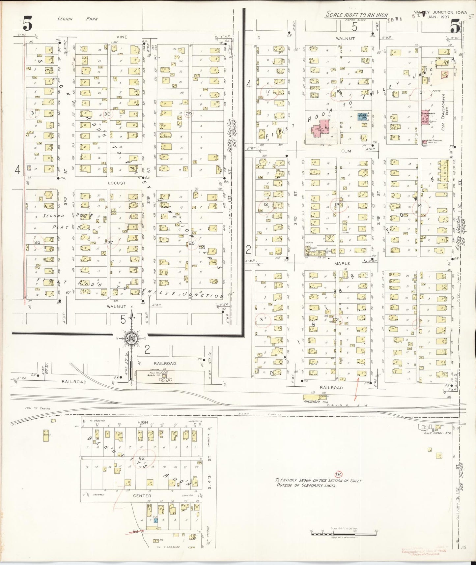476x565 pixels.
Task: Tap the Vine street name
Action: [122, 37]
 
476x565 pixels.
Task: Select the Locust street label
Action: [117, 183]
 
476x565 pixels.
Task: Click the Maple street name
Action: [342, 264]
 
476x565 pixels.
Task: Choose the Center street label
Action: [142, 495]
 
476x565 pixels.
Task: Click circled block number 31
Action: [33, 113]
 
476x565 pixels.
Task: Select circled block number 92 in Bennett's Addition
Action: [142, 458]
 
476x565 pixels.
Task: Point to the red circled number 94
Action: [338, 474]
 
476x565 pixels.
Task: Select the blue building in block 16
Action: [363, 116]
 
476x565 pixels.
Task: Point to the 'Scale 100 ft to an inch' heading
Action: [356, 15]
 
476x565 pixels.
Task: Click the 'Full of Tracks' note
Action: [38, 408]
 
